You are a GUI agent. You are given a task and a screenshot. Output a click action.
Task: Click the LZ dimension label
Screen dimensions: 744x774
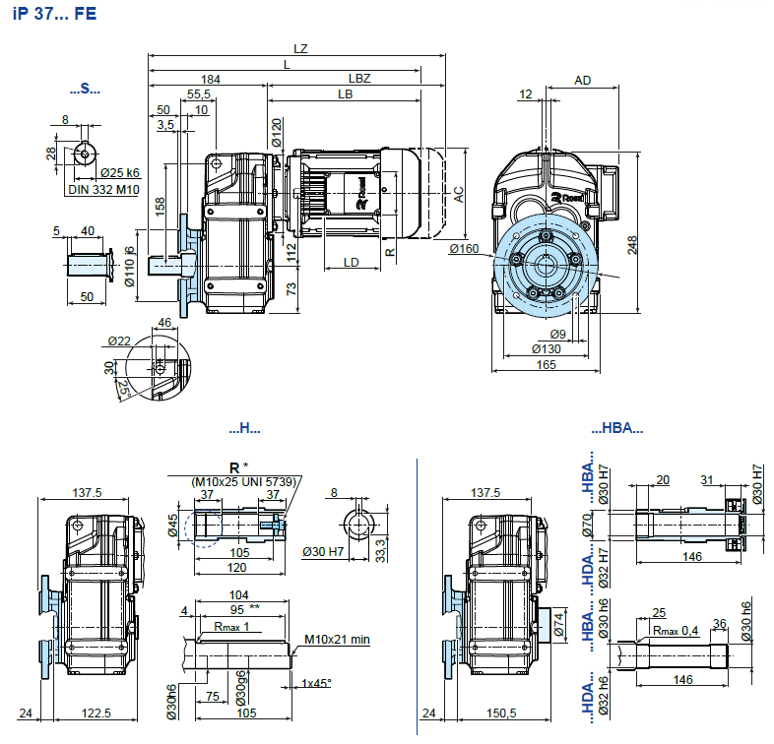click(x=299, y=47)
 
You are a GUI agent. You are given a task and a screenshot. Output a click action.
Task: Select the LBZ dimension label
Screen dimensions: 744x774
click(x=358, y=78)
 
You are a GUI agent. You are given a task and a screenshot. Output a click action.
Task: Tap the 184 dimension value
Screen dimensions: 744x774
click(x=210, y=78)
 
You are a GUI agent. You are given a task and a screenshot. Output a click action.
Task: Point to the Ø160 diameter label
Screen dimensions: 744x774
click(x=464, y=249)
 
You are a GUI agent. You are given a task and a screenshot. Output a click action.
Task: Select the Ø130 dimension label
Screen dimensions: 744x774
click(x=548, y=348)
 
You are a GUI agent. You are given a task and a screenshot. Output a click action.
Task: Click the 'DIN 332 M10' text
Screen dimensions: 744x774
click(x=104, y=190)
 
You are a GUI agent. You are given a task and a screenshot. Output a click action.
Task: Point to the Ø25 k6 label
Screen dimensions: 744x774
click(x=119, y=173)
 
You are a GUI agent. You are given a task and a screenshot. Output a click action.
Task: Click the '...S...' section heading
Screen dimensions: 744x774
click(x=86, y=90)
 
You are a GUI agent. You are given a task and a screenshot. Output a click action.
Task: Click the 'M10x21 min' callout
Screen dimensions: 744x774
click(x=337, y=640)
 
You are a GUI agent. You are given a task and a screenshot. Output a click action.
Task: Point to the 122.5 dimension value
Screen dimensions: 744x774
click(x=97, y=713)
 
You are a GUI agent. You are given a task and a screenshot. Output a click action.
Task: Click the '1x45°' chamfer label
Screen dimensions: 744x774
click(x=318, y=683)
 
